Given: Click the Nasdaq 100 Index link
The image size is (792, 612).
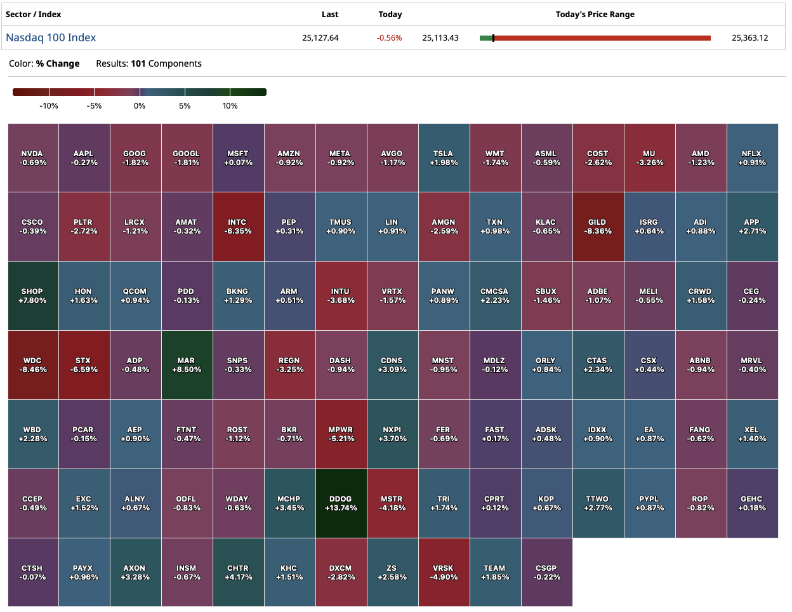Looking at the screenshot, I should point(51,37).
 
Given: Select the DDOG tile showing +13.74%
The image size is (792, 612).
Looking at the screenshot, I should point(341,503).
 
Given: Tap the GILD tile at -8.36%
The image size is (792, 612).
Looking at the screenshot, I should point(598,227).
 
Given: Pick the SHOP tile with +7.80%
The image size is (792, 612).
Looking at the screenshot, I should point(32,296).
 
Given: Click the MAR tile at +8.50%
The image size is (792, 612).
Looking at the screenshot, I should point(187,365).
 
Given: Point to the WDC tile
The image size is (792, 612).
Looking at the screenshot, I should point(32,365).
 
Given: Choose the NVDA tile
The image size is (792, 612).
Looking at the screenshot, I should point(32,158).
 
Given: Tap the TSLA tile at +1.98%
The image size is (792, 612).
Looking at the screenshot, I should point(444,158).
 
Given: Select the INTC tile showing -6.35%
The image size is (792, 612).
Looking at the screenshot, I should point(238,227).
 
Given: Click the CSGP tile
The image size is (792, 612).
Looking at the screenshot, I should point(546,573).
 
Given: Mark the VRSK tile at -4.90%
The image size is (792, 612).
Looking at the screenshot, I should point(444,573).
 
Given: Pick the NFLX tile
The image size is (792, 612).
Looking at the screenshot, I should point(752,158).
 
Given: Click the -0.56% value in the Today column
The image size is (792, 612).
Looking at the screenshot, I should point(389,38).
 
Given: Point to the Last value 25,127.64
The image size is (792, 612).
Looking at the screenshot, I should point(320,38).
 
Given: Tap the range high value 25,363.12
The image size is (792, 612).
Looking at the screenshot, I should point(749,38).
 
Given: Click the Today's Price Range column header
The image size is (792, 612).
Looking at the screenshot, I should point(595,15).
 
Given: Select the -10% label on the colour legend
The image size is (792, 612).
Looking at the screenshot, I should point(49,106).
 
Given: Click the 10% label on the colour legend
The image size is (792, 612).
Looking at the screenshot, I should point(230,106).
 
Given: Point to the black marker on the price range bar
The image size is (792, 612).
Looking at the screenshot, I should point(493,38).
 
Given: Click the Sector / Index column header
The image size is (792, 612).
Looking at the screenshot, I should point(34,15).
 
